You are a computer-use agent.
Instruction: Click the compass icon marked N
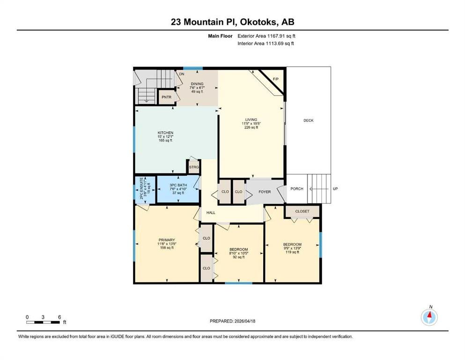click(429, 317)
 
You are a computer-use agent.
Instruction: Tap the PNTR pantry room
click(166, 97)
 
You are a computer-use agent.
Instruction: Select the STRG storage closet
click(194, 167)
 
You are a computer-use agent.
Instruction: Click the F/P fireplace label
click(276, 79)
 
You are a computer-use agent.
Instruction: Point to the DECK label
click(309, 120)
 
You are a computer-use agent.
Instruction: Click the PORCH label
click(297, 189)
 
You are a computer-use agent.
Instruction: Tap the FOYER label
click(265, 192)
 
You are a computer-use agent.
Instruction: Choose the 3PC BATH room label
click(178, 185)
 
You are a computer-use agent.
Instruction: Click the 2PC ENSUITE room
click(145, 189)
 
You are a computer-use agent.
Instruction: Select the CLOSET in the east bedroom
click(302, 211)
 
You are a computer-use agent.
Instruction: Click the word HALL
click(211, 212)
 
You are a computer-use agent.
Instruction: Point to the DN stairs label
click(182, 74)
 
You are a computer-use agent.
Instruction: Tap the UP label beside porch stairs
click(335, 189)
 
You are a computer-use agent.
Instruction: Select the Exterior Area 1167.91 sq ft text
click(266, 36)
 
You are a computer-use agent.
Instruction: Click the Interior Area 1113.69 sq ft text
click(266, 43)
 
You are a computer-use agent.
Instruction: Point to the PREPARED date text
click(232, 321)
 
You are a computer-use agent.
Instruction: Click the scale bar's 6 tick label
click(59, 317)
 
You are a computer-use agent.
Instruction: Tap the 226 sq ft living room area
click(251, 127)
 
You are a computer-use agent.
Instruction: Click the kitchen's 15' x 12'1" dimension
click(165, 136)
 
